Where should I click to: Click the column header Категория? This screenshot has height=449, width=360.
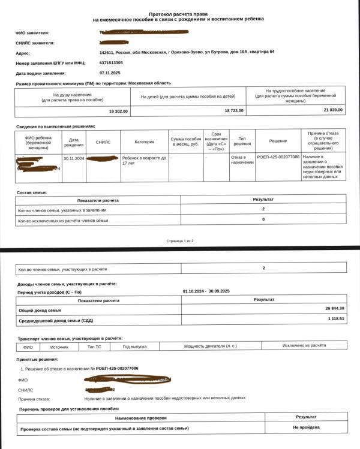[145, 142]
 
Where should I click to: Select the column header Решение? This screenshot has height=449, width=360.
[278, 141]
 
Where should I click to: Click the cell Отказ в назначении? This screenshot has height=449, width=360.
[242, 160]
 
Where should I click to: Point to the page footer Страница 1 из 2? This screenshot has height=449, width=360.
[179, 240]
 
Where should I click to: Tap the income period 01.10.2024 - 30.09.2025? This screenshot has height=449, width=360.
[206, 291]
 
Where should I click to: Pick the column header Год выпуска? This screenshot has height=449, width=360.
[134, 346]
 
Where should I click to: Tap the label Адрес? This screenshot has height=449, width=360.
[23, 53]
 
